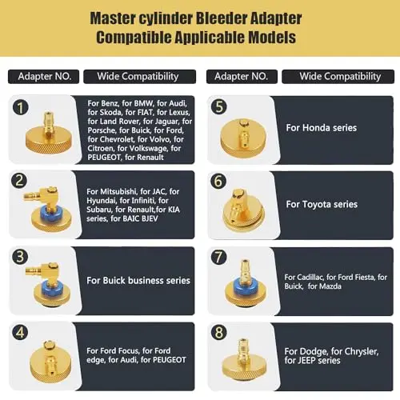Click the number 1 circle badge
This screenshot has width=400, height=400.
click(x=20, y=108)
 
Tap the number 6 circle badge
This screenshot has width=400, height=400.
click(x=218, y=181)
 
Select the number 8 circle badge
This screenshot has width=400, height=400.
click(x=219, y=333)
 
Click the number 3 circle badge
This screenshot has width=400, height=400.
click(x=20, y=257)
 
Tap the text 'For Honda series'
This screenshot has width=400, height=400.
click(x=322, y=128)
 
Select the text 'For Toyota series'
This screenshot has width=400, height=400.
click(x=322, y=204)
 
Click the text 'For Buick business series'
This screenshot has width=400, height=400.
click(x=138, y=281)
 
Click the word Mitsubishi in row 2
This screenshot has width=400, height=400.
click(x=115, y=191)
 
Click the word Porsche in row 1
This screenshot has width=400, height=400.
click(x=101, y=130)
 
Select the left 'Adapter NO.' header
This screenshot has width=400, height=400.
click(x=44, y=77)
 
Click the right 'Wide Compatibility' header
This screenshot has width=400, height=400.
click(x=338, y=77)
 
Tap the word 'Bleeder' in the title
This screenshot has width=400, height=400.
click(x=218, y=18)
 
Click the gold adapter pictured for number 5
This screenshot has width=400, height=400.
click(x=243, y=138)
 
